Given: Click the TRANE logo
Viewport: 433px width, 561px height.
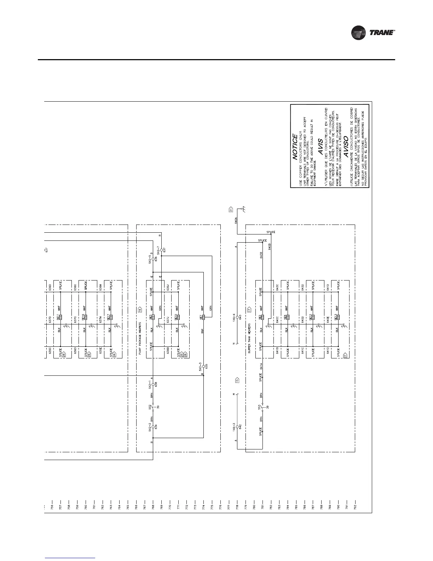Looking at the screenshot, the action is [373, 33].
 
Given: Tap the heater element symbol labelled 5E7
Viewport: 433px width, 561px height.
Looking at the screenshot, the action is [204, 317].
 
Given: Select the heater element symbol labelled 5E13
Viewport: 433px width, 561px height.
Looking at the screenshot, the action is [338, 317].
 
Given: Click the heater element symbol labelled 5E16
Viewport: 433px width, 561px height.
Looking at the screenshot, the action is [86, 317].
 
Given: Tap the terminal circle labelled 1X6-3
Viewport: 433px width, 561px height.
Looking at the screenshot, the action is [237, 427].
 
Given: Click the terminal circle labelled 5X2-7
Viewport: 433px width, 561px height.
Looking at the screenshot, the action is [161, 249].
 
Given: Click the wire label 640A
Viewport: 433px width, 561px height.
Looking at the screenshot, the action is [236, 221].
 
